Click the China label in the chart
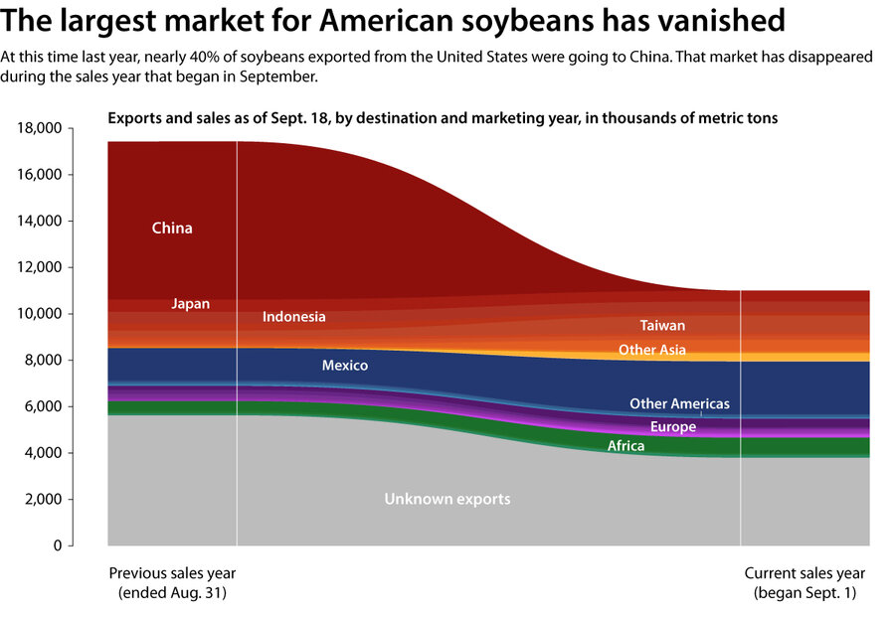tap(172, 229)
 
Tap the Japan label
tap(190, 304)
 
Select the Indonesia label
tap(293, 317)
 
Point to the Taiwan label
tap(662, 325)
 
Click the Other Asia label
tap(651, 350)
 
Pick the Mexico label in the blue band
tap(344, 366)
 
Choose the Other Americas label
tap(679, 403)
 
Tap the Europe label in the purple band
tap(672, 427)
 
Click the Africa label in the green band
tap(626, 446)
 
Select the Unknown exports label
tap(447, 499)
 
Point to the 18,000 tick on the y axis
tap(41, 128)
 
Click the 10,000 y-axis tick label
tap(41, 314)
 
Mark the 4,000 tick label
tap(45, 453)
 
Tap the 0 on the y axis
tap(58, 545)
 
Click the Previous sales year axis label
tap(172, 573)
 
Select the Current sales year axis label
tap(805, 573)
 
